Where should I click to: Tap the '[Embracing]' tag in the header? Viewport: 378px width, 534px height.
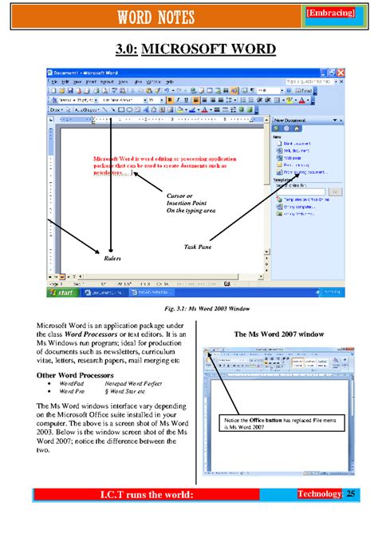pyautogui.click(x=329, y=14)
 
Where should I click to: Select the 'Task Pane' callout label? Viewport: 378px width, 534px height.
pyautogui.click(x=198, y=247)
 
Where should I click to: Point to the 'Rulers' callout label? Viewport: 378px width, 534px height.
pyautogui.click(x=112, y=259)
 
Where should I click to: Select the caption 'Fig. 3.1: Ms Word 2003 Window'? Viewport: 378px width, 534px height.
pyautogui.click(x=195, y=308)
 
